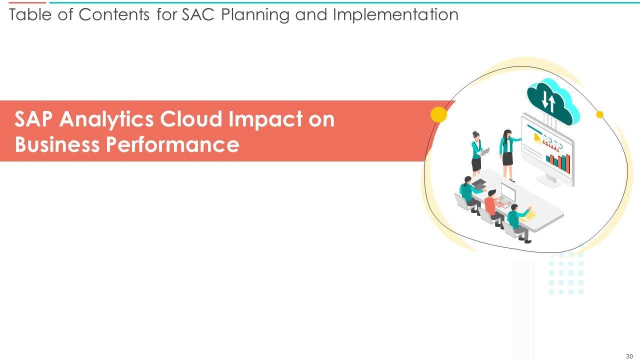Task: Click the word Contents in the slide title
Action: coord(113,14)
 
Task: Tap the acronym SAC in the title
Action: coord(198,14)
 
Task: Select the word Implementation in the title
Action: coord(395,15)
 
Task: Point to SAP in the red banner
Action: coord(33,119)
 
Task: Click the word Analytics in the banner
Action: coord(106,119)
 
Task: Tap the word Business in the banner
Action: coord(57,144)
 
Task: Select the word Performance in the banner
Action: coord(172,144)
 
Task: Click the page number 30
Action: coord(629,356)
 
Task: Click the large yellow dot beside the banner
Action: coord(438,114)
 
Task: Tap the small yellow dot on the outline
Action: coord(599,114)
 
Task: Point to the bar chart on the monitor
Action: coord(558,163)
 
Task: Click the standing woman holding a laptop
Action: coord(477,153)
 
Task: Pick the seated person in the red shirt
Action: coord(493,208)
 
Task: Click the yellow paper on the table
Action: coord(528,215)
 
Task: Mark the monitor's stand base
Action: coord(548,181)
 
